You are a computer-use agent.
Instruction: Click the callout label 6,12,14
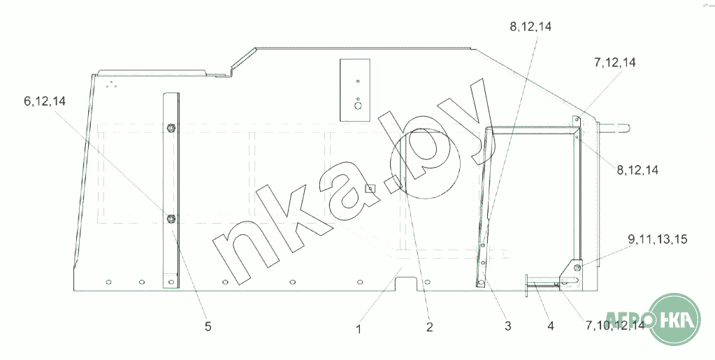[x=45, y=101]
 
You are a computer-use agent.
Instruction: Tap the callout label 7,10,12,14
[x=615, y=325]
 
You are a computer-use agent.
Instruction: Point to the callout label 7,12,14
[x=614, y=62]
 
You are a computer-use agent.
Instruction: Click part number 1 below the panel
[x=359, y=329]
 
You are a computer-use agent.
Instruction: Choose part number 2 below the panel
[x=429, y=327]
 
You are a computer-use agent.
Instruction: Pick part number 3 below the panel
[x=508, y=326]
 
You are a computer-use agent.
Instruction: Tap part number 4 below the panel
[x=551, y=326]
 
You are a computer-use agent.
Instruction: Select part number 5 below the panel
[x=208, y=326]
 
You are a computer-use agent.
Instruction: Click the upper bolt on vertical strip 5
[x=171, y=128]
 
